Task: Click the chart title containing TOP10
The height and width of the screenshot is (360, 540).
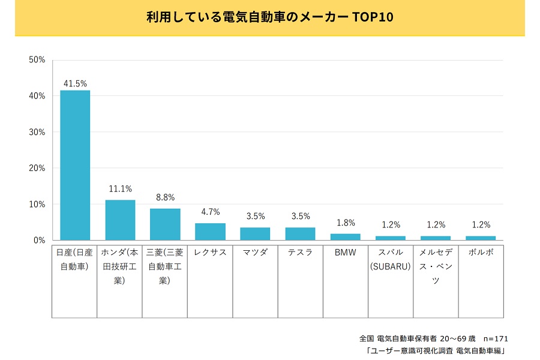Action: pyautogui.click(x=269, y=17)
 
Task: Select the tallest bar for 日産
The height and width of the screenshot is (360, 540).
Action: pyautogui.click(x=75, y=165)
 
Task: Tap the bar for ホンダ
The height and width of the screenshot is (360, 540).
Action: pyautogui.click(x=120, y=220)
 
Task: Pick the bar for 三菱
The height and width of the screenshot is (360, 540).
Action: pyautogui.click(x=165, y=224)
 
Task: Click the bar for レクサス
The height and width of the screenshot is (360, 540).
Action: pyautogui.click(x=210, y=232)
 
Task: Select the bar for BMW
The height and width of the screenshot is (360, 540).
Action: pyautogui.click(x=346, y=237)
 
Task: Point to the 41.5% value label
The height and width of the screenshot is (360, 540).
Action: pyautogui.click(x=75, y=83)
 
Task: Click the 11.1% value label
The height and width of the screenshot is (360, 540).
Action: pyautogui.click(x=120, y=188)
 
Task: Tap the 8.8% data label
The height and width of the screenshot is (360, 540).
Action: pyautogui.click(x=165, y=197)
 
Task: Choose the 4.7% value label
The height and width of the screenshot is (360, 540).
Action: pyautogui.click(x=210, y=212)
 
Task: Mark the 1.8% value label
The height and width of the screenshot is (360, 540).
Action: pyautogui.click(x=346, y=223)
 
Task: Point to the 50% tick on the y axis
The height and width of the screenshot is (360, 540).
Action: pyautogui.click(x=37, y=59)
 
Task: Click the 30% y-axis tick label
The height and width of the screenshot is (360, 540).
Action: pyautogui.click(x=37, y=132)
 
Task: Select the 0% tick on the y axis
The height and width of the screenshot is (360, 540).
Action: pyautogui.click(x=39, y=240)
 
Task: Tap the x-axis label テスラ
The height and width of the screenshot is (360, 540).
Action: pyautogui.click(x=300, y=253)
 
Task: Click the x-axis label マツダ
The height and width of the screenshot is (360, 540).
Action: pyautogui.click(x=255, y=253)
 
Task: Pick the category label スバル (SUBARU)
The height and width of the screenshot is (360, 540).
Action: pyautogui.click(x=391, y=259)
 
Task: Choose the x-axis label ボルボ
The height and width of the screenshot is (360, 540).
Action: pyautogui.click(x=481, y=253)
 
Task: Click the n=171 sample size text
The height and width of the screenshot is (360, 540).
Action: pyautogui.click(x=496, y=338)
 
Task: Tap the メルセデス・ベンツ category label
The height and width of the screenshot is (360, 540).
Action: pyautogui.click(x=436, y=266)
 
